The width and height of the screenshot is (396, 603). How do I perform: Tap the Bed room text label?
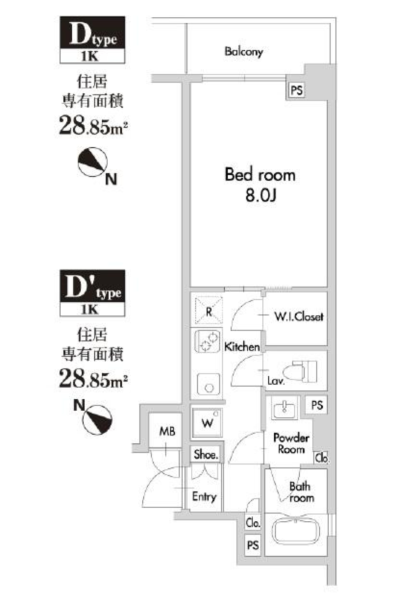[x=260, y=175]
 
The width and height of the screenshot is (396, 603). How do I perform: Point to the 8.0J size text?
[x=260, y=195]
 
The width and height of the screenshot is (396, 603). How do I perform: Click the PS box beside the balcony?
[x=296, y=90]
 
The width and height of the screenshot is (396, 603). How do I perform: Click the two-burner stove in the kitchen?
[x=207, y=341]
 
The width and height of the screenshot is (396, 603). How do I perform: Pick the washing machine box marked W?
[x=207, y=423]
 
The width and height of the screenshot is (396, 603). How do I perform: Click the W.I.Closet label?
[x=299, y=317]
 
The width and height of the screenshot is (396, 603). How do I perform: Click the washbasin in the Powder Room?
[x=284, y=409]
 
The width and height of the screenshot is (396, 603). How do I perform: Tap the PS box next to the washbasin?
[x=317, y=405]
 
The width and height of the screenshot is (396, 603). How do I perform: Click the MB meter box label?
[x=167, y=431]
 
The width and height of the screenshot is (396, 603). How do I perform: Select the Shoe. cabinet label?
[x=205, y=454]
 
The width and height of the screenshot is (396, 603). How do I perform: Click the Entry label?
[x=204, y=496]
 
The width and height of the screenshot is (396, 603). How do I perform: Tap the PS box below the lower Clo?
[x=252, y=545]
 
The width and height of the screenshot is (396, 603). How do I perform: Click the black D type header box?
[x=92, y=33]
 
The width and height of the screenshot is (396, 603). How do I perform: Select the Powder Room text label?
[x=291, y=443]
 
